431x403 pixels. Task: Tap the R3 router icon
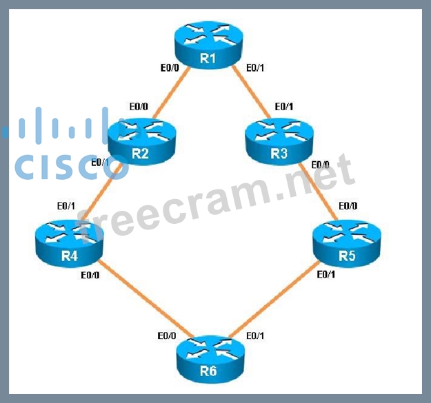point(278,144)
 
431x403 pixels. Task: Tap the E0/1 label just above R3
point(283,107)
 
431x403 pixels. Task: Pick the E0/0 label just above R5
point(348,206)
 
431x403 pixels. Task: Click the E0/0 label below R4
point(90,276)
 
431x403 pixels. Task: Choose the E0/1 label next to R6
point(254,335)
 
